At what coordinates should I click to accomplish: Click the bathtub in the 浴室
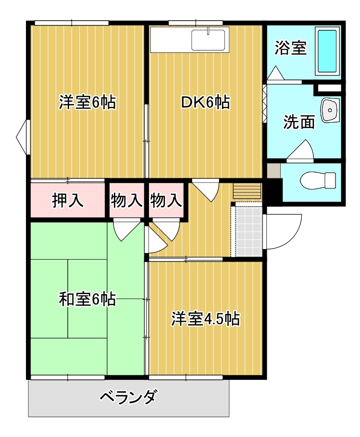pyautogui.click(x=327, y=51)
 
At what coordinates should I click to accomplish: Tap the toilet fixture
pyautogui.click(x=318, y=181)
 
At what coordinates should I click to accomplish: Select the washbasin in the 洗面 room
pyautogui.click(x=330, y=111)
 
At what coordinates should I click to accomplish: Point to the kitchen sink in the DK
pyautogui.click(x=209, y=39)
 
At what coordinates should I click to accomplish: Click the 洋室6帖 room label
pyautogui.click(x=87, y=102)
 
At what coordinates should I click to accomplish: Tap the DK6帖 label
pyautogui.click(x=205, y=102)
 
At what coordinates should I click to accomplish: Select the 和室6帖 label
pyautogui.click(x=87, y=299)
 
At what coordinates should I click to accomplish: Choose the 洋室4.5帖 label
pyautogui.click(x=206, y=319)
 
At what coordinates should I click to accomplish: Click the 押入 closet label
pyautogui.click(x=68, y=200)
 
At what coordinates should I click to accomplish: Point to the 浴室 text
pyautogui.click(x=290, y=48)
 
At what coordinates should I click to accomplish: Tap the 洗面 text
pyautogui.click(x=298, y=122)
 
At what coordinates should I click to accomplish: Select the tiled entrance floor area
pyautogui.click(x=249, y=231)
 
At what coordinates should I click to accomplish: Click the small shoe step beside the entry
pyautogui.click(x=247, y=191)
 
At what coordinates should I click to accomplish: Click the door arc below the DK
pyautogui.click(x=207, y=189)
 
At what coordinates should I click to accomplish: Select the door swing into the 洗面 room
pyautogui.click(x=301, y=150)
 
